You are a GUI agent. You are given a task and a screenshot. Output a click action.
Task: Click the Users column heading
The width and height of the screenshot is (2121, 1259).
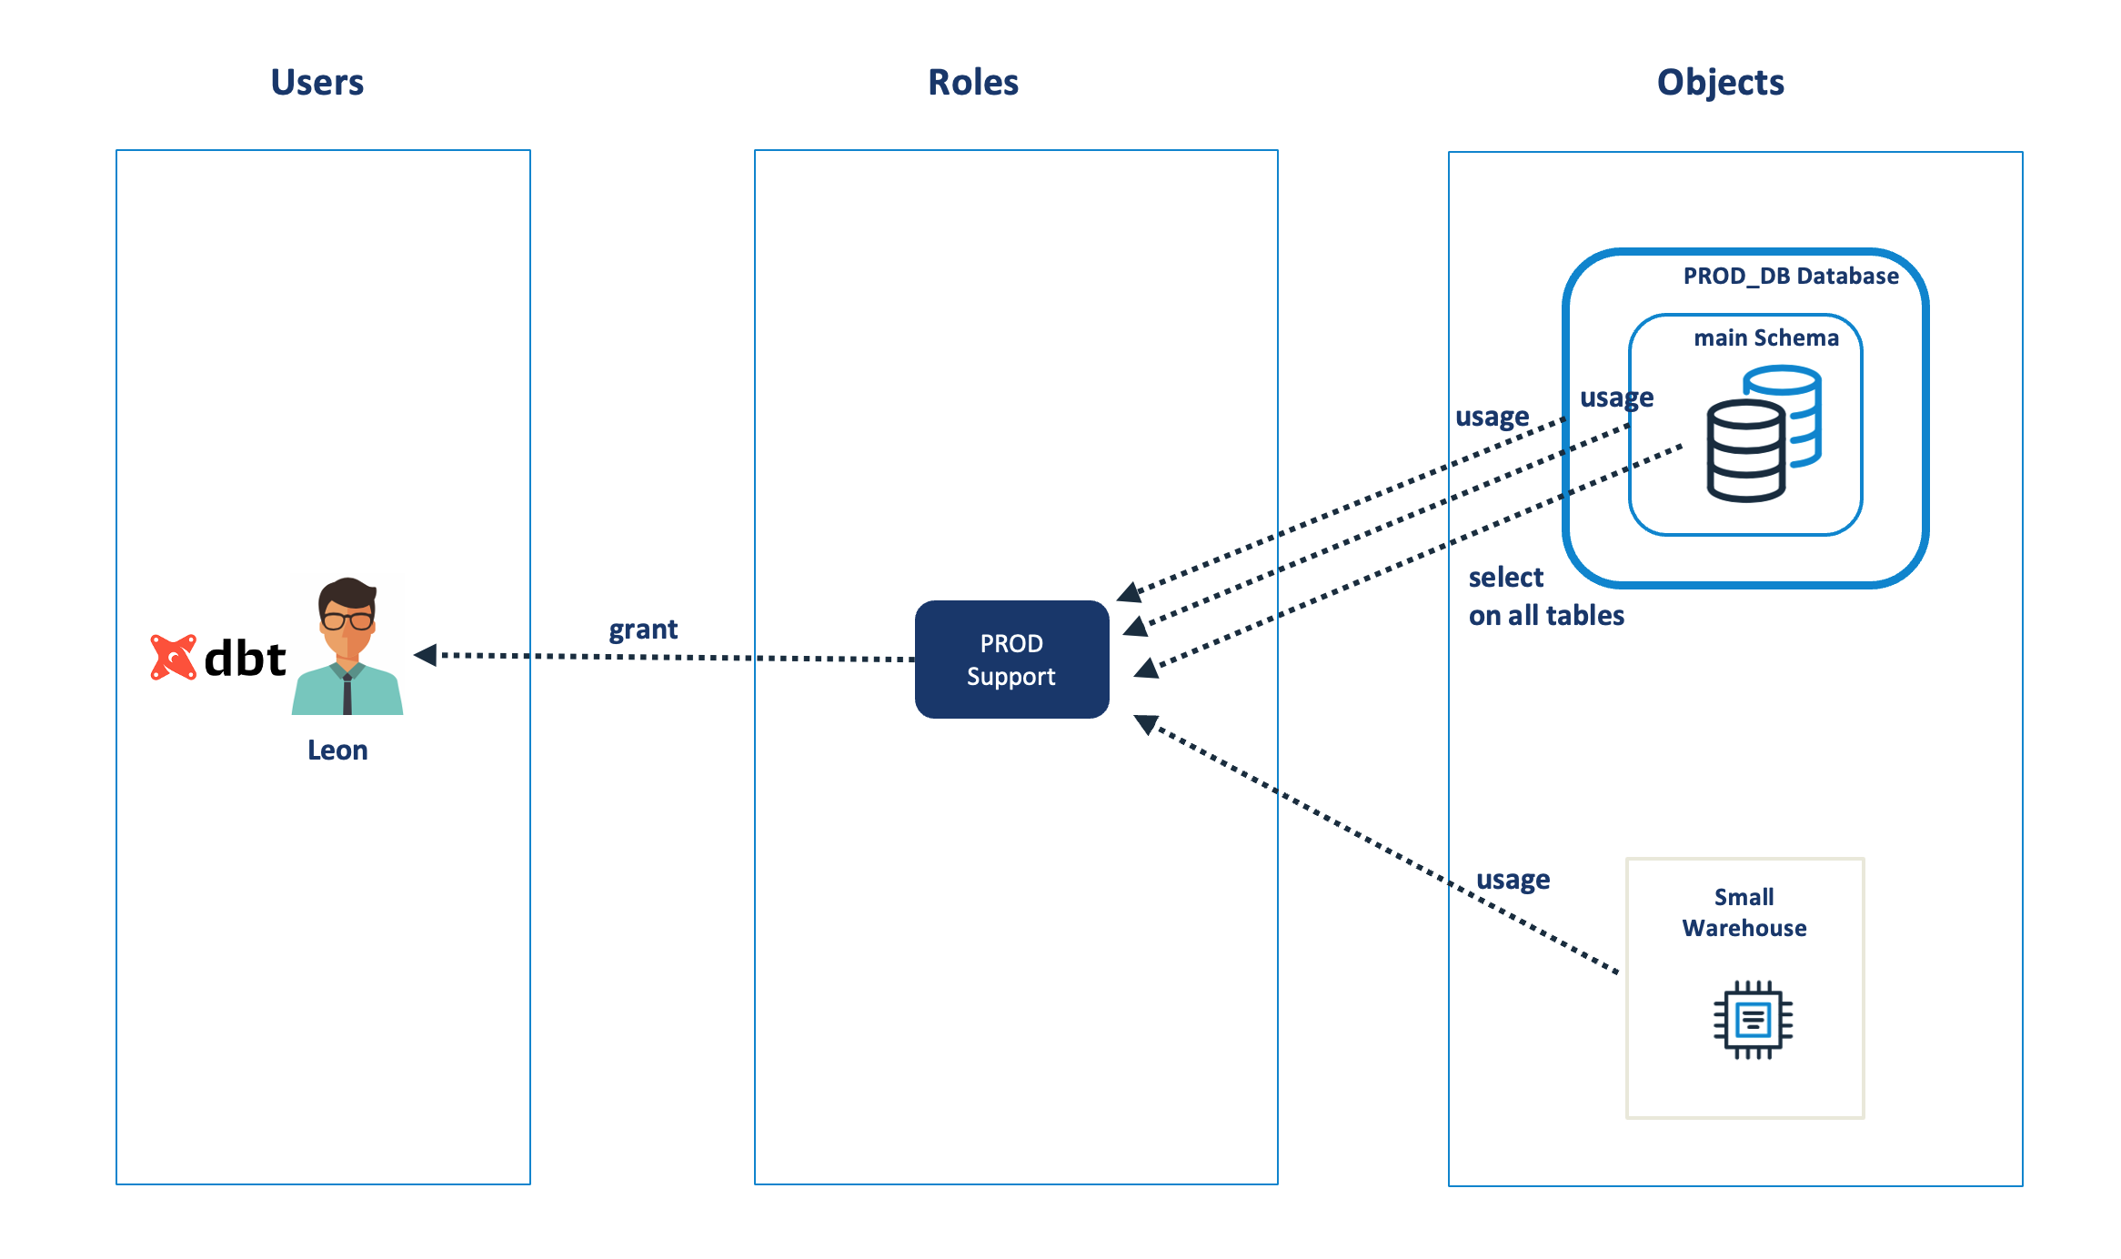(x=317, y=83)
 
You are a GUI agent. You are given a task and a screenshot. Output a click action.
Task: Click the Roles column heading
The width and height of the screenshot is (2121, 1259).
(x=972, y=83)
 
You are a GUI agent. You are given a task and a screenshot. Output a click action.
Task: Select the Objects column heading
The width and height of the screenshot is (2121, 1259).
(x=1719, y=83)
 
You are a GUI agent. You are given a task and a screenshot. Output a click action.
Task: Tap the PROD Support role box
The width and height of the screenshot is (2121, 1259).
(x=1011, y=660)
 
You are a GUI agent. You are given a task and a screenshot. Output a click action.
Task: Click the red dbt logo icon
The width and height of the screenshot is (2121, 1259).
(x=173, y=657)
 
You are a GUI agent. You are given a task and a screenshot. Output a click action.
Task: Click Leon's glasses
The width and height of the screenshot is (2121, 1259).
(x=347, y=621)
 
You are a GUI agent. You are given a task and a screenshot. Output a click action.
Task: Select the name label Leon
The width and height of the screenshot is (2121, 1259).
(x=337, y=750)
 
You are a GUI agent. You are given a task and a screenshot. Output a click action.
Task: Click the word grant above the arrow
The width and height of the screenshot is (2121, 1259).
(x=643, y=629)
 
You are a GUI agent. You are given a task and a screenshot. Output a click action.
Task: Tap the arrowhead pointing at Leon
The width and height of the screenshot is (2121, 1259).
(x=426, y=655)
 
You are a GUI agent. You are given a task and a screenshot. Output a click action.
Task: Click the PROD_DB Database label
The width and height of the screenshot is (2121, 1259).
(x=1790, y=277)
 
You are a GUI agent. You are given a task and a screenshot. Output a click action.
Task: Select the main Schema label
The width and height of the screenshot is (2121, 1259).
(x=1765, y=338)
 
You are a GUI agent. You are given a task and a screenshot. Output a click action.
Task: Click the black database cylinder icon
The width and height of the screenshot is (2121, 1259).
(x=1744, y=452)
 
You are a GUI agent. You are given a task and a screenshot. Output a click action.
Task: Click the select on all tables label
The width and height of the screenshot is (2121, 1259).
(x=1545, y=597)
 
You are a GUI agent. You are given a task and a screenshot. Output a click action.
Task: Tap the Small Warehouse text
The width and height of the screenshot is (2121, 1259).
(x=1744, y=912)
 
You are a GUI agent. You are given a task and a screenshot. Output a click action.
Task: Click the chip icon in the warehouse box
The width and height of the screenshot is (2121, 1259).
(x=1753, y=1020)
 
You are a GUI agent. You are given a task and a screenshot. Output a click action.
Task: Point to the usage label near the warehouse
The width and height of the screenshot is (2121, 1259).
(x=1513, y=881)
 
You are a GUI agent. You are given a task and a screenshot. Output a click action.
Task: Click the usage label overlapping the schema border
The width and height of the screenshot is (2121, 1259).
(x=1616, y=398)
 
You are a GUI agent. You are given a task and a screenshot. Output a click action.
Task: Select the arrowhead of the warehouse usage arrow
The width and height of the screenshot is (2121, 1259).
(x=1146, y=724)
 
